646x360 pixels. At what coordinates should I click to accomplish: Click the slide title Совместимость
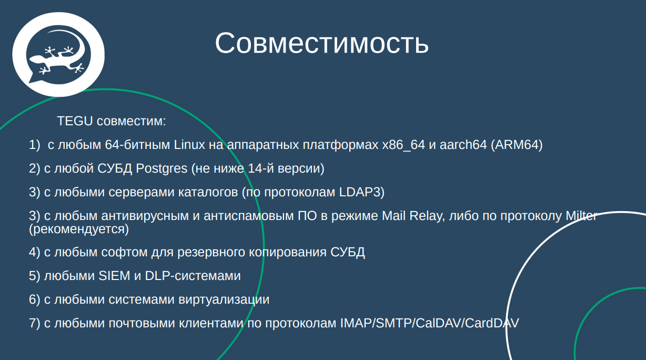point(321,43)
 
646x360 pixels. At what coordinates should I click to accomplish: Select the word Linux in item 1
point(189,145)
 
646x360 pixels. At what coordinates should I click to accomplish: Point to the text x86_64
point(403,145)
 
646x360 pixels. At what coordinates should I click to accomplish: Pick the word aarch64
point(462,145)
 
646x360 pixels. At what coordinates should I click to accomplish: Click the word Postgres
point(161,168)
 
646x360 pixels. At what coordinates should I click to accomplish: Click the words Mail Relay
point(411,216)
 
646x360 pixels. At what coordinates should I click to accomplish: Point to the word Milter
point(581,216)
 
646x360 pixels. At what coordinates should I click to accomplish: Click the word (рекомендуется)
point(79,229)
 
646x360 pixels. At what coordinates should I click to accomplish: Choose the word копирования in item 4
point(291,252)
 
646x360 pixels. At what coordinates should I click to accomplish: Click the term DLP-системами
point(193,276)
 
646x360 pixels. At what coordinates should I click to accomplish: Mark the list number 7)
point(35,323)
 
